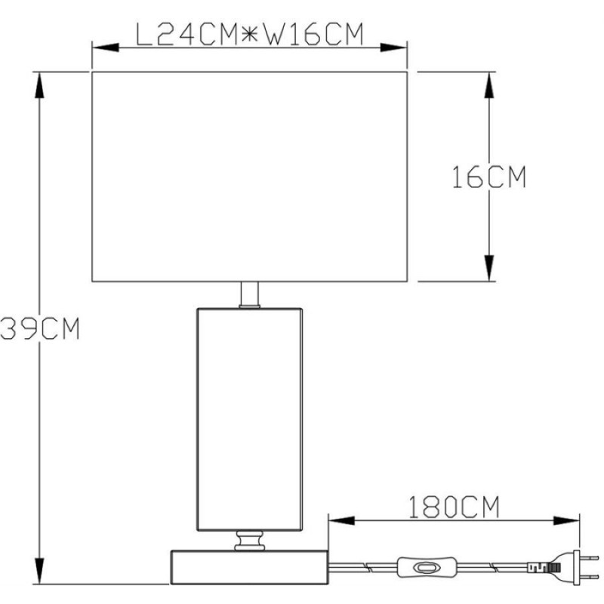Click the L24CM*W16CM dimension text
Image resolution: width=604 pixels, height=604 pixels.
(x=250, y=35)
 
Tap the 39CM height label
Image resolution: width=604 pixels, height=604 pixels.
(x=40, y=328)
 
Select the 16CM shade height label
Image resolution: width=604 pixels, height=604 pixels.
(x=488, y=177)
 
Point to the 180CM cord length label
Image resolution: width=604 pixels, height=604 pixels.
(x=454, y=507)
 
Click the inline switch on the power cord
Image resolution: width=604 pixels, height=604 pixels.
(x=427, y=568)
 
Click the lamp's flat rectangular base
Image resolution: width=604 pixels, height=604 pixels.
(x=250, y=567)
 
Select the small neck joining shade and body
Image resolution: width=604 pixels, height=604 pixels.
(x=250, y=295)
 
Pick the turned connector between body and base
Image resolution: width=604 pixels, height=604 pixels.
(x=250, y=541)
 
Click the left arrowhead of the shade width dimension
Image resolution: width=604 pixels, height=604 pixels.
(x=106, y=48)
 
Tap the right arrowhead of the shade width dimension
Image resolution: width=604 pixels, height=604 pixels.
(x=393, y=48)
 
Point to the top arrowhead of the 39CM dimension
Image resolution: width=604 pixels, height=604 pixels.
(x=39, y=85)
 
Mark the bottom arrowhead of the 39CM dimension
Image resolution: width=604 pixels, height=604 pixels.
(x=39, y=571)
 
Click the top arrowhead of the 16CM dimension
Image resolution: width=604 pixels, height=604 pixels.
(x=489, y=85)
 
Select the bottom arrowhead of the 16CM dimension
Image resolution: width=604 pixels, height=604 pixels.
(x=489, y=268)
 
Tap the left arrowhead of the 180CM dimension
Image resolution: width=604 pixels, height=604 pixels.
(x=342, y=521)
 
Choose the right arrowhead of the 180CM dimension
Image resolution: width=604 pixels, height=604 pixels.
(x=566, y=521)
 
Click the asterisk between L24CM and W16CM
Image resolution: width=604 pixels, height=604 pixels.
(x=250, y=35)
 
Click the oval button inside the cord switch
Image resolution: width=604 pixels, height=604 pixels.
(x=422, y=568)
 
